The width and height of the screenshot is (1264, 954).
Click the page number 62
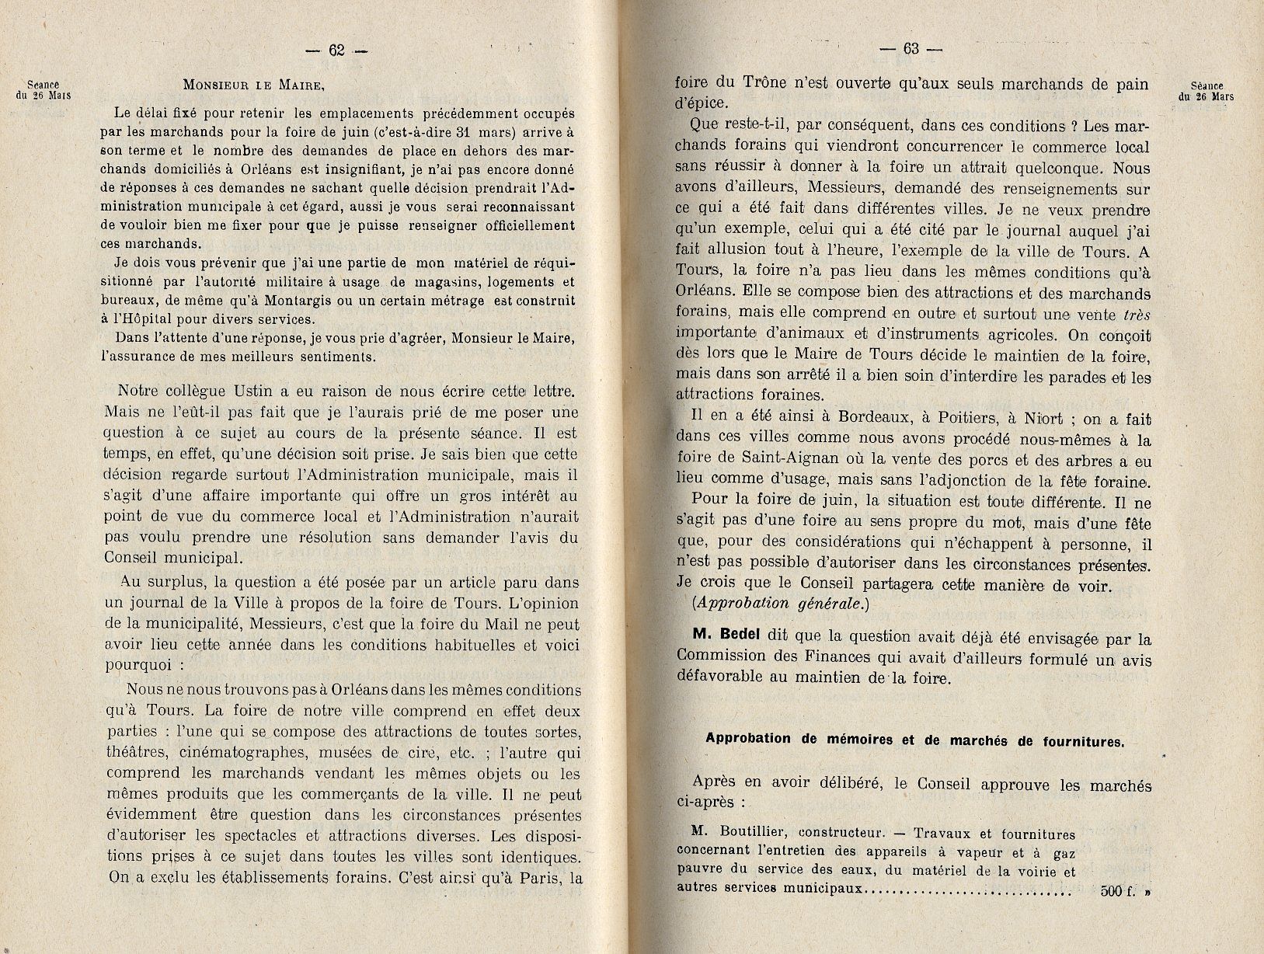[336, 50]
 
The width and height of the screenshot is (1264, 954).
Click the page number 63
[911, 48]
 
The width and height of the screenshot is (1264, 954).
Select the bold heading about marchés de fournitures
[914, 740]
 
